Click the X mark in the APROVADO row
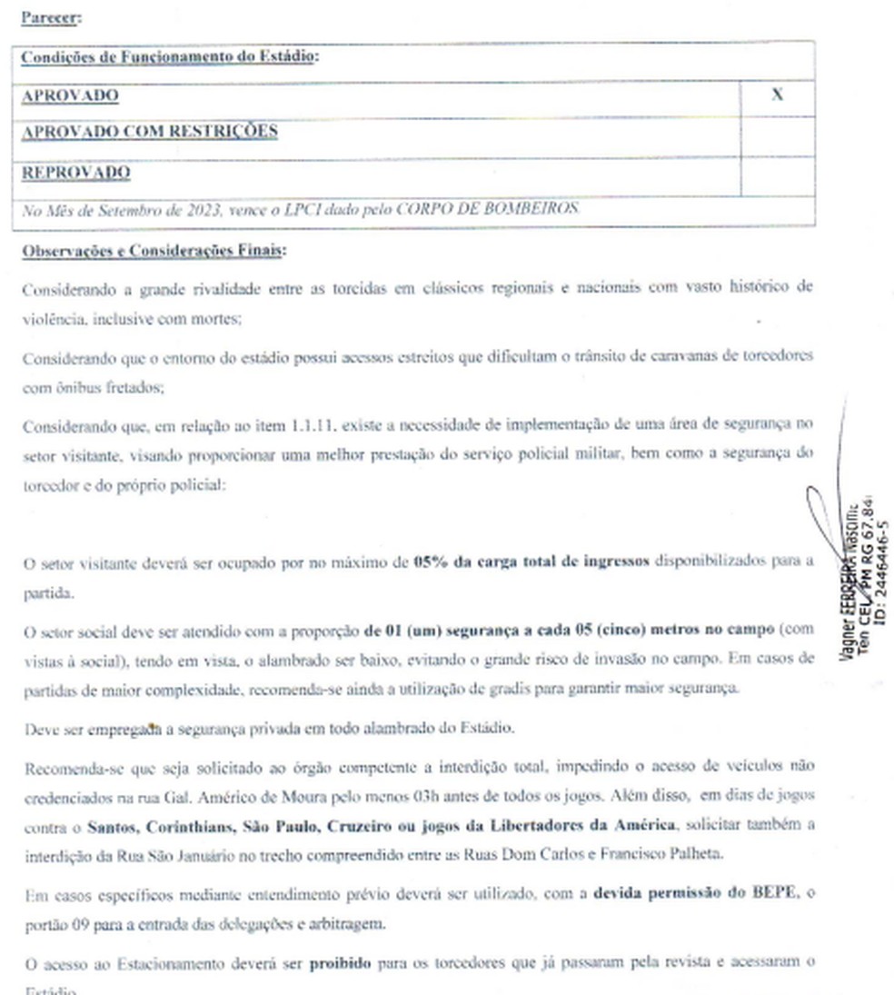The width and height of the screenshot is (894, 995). coord(777,95)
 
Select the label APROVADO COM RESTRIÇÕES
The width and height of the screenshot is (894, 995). coord(150,132)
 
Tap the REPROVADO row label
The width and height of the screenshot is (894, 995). coord(76,173)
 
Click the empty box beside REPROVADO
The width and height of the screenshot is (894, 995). coord(777,174)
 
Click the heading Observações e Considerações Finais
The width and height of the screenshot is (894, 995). coord(154,251)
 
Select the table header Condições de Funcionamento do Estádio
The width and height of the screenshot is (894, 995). coord(170,56)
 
